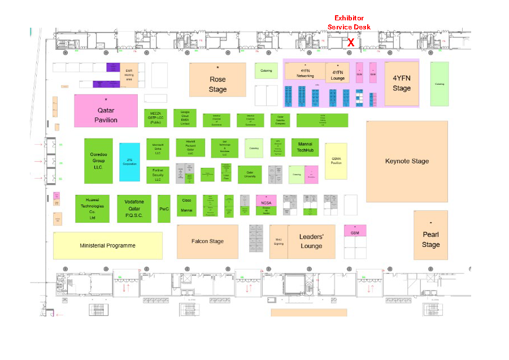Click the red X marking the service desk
click(x=350, y=42)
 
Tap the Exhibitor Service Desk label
click(x=349, y=23)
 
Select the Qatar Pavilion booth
click(x=106, y=111)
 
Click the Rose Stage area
click(x=217, y=80)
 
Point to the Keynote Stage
click(x=407, y=161)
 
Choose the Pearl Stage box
click(x=430, y=236)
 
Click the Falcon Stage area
click(x=207, y=241)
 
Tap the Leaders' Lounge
click(x=311, y=241)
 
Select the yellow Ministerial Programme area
click(x=108, y=245)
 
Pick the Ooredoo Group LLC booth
click(x=98, y=161)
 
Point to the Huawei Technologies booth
click(x=92, y=209)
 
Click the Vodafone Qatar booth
click(x=134, y=209)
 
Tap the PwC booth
click(x=164, y=209)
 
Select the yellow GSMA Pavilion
click(x=336, y=161)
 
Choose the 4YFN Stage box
click(x=402, y=83)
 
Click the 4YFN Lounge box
click(x=337, y=73)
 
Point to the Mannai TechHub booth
click(x=305, y=148)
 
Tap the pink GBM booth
click(x=355, y=231)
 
